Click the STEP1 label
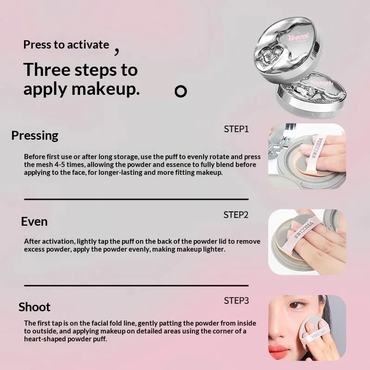(x=236, y=129)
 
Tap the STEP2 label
(x=236, y=215)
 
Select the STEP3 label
(x=236, y=301)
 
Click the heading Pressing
(x=35, y=136)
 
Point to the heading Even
(x=34, y=222)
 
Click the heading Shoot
(x=34, y=307)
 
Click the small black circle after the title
(x=181, y=91)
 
